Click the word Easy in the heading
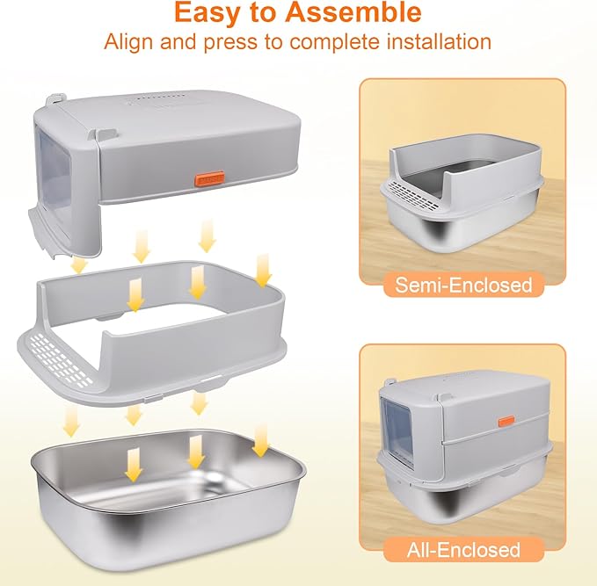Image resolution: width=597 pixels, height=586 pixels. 204,12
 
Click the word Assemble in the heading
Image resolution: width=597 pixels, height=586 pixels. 353,11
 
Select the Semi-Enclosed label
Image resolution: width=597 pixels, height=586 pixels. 463,285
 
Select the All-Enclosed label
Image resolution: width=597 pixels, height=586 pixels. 463,550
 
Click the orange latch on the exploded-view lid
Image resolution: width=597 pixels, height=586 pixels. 209,178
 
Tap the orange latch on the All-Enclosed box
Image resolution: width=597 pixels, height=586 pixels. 506,421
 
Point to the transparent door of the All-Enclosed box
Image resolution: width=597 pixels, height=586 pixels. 397,431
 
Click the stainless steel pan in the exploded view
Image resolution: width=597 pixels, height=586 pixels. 168,505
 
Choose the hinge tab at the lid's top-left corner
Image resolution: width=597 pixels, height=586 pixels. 54,101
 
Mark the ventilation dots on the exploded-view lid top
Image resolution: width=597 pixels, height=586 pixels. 157,99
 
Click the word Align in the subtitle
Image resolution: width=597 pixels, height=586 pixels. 128,42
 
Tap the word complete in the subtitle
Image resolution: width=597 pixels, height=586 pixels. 335,43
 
